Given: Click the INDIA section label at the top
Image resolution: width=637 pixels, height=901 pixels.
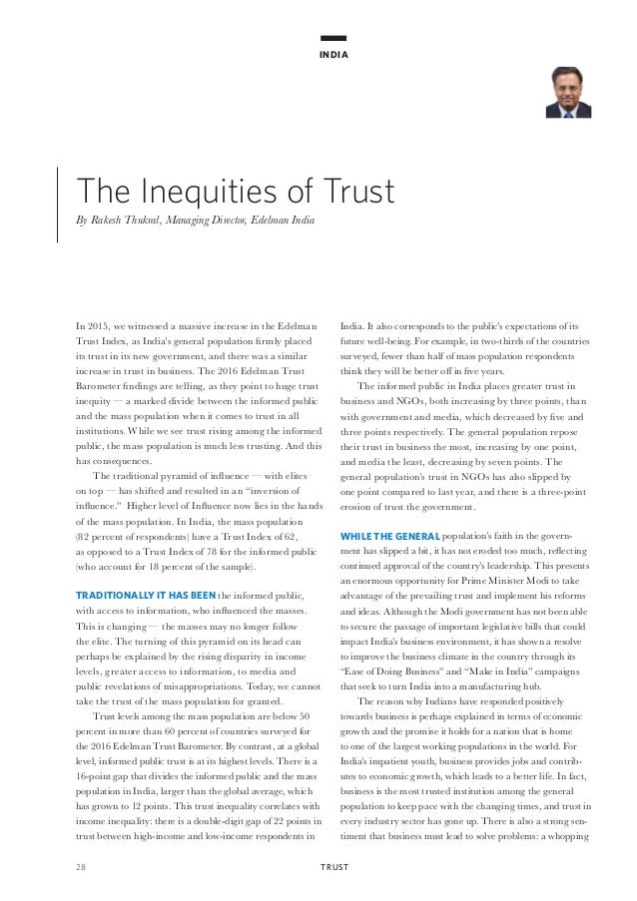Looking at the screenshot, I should tap(333, 54).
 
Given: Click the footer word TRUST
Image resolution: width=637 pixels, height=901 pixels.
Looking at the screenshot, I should tap(333, 867).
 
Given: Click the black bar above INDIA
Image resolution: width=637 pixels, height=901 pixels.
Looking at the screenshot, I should tap(333, 38).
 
